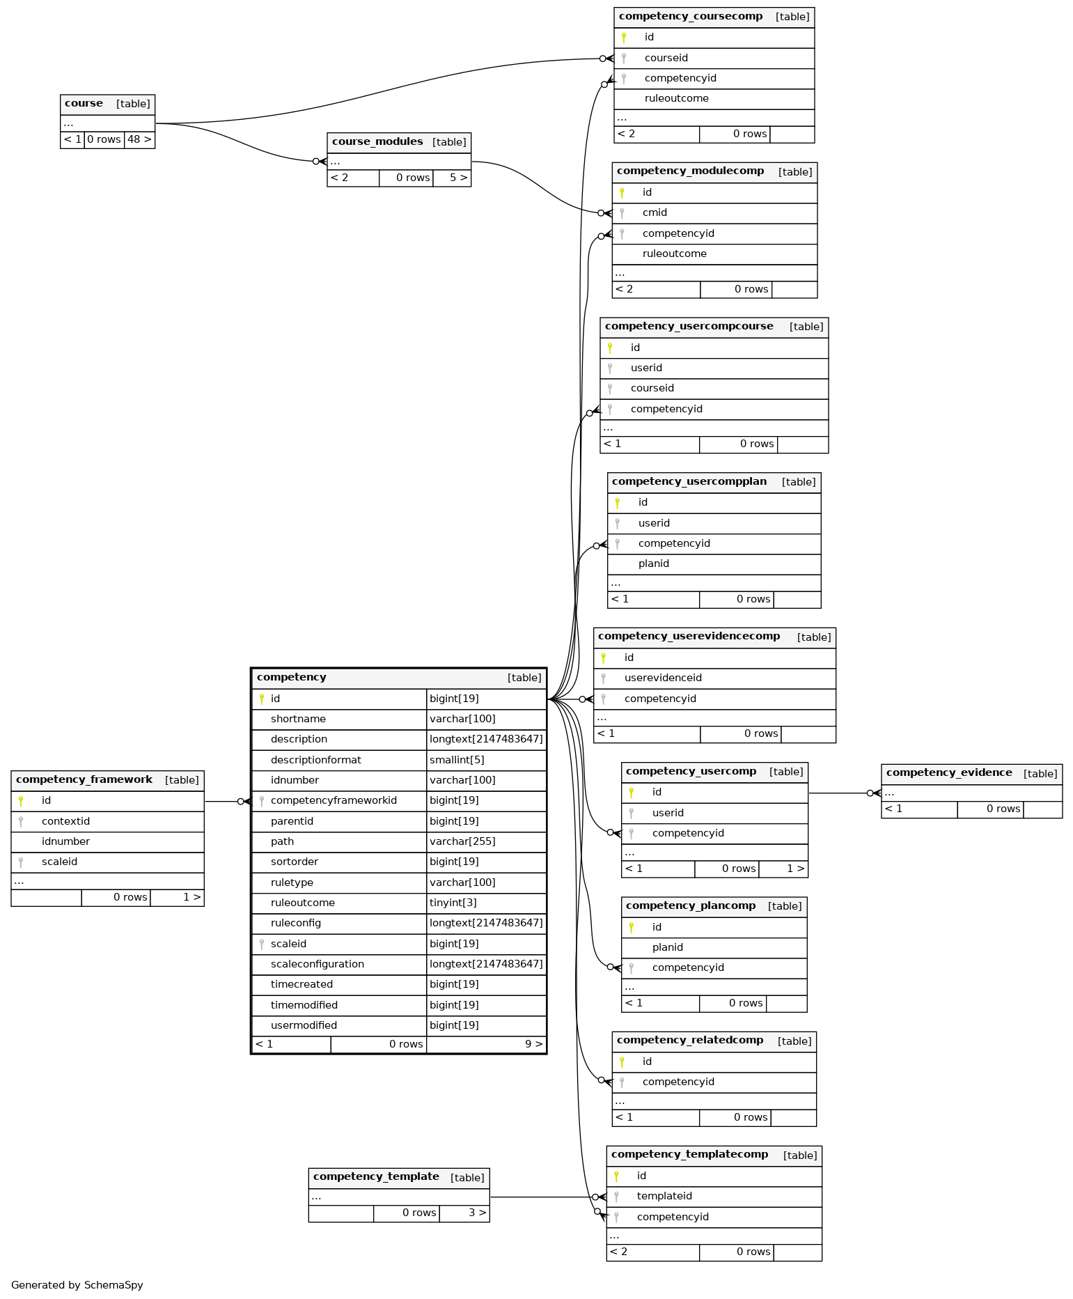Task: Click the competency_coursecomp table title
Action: coord(690,17)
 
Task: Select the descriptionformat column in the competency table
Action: coord(315,760)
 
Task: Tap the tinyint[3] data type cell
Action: coord(453,903)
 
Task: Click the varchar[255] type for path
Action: coord(462,841)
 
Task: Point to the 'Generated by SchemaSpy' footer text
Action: coord(77,1285)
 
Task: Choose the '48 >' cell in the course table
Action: coord(139,139)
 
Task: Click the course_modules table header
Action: coord(399,142)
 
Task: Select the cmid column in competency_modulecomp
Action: coord(655,212)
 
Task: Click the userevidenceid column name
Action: coord(663,678)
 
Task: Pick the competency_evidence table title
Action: coord(949,773)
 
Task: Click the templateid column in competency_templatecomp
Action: coord(664,1196)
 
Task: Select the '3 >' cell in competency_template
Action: coord(464,1213)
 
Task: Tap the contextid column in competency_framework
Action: coord(65,821)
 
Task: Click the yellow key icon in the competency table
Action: coord(262,699)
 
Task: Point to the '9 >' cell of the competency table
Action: coord(486,1044)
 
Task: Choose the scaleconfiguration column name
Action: coord(318,964)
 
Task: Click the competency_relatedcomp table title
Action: coord(690,1041)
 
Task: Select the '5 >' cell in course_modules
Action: coord(452,178)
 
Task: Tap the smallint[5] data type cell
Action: coord(457,760)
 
